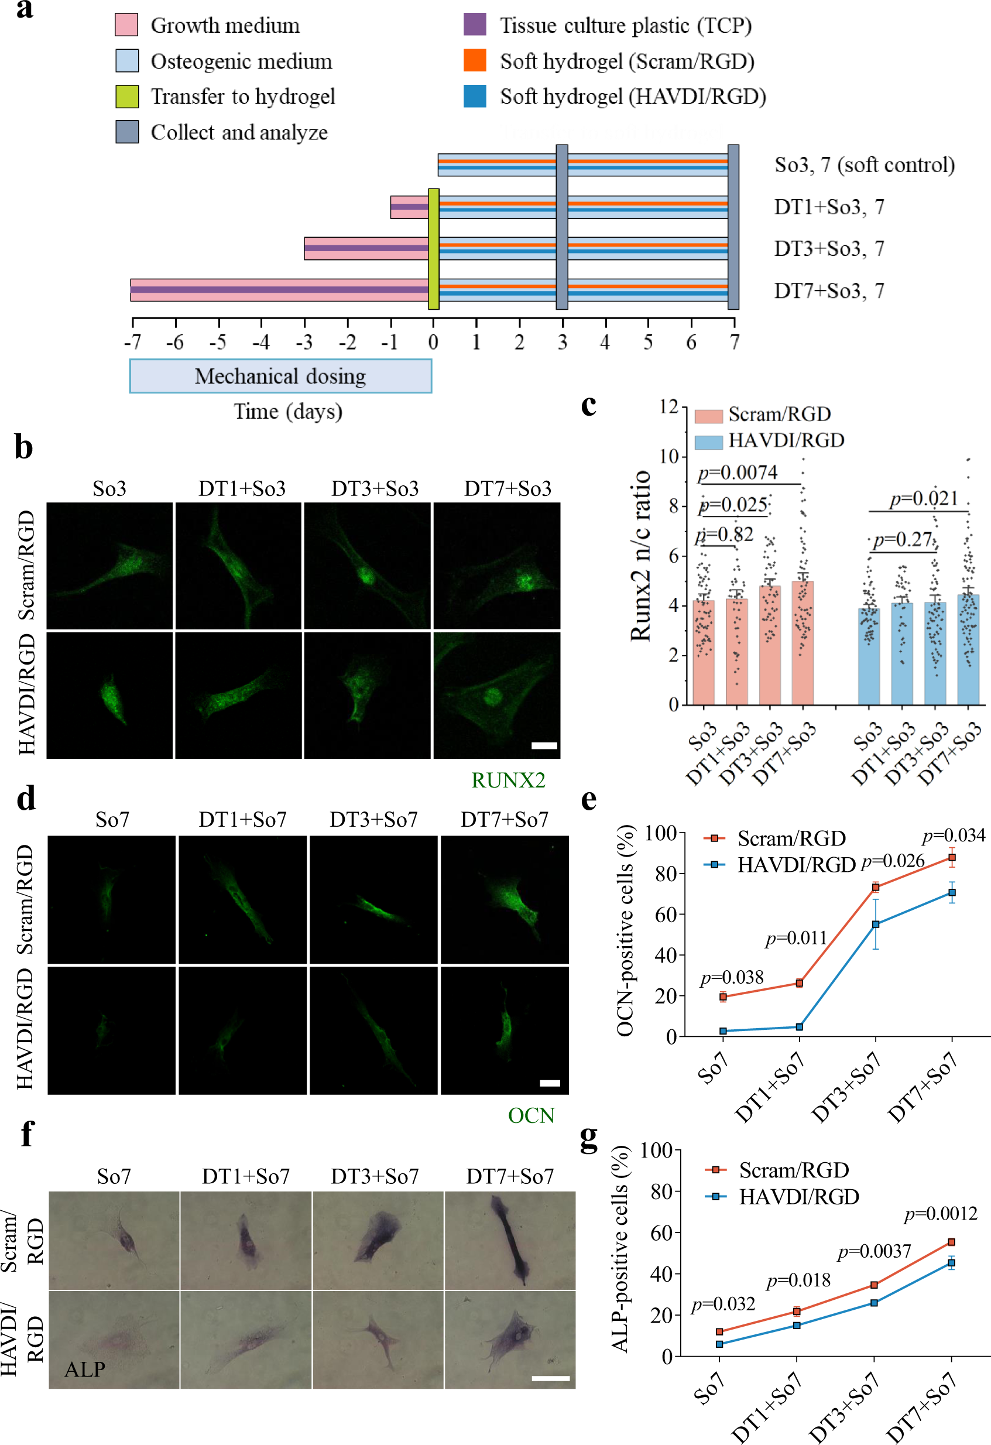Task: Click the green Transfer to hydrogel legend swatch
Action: click(127, 97)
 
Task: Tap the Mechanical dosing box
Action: click(280, 376)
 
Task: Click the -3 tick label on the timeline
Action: click(303, 342)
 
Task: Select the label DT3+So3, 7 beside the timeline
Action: click(829, 249)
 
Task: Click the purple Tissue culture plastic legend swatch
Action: click(475, 25)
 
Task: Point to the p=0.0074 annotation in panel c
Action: click(738, 472)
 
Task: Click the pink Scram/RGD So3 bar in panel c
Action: click(703, 653)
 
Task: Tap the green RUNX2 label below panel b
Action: click(508, 780)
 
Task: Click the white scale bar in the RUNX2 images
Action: click(544, 745)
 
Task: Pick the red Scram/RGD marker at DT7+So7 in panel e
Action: click(952, 857)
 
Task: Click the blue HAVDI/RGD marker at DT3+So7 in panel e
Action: click(875, 924)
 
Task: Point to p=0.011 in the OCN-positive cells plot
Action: click(795, 937)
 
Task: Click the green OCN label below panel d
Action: click(531, 1115)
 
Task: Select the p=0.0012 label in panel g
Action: click(941, 1213)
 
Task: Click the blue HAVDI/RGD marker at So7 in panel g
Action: click(719, 1344)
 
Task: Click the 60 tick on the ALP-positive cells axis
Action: click(662, 1233)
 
